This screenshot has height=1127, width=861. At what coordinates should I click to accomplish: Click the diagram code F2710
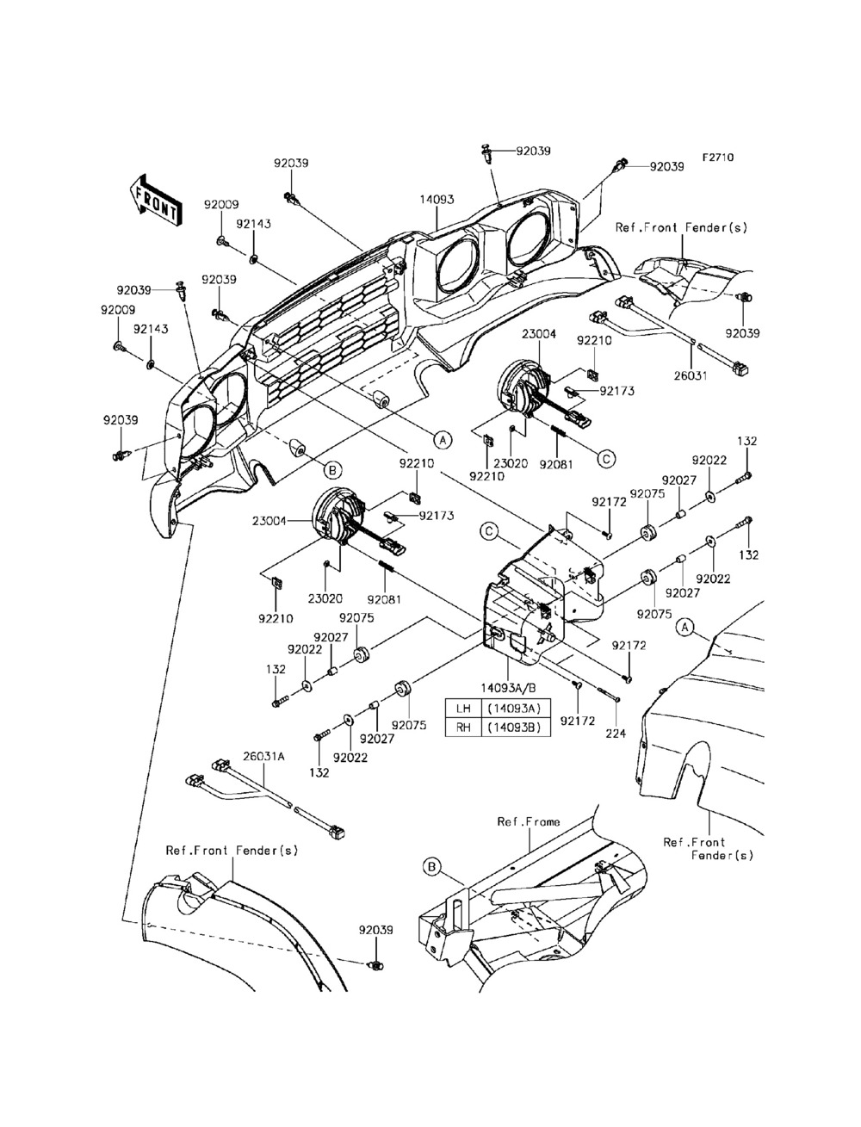point(717,158)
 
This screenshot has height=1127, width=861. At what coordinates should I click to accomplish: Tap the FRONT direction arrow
point(156,201)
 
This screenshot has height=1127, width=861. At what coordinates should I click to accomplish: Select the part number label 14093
point(437,200)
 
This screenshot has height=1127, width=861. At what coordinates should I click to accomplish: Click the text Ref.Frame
point(528,821)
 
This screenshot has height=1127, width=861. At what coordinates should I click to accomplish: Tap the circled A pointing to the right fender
point(684,628)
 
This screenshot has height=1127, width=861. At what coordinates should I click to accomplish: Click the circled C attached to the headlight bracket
point(488,532)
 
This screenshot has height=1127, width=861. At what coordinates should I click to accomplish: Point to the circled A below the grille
point(442,439)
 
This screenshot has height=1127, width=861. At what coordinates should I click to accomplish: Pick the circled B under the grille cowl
point(332,470)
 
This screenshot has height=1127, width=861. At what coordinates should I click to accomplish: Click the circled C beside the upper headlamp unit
point(606,458)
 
